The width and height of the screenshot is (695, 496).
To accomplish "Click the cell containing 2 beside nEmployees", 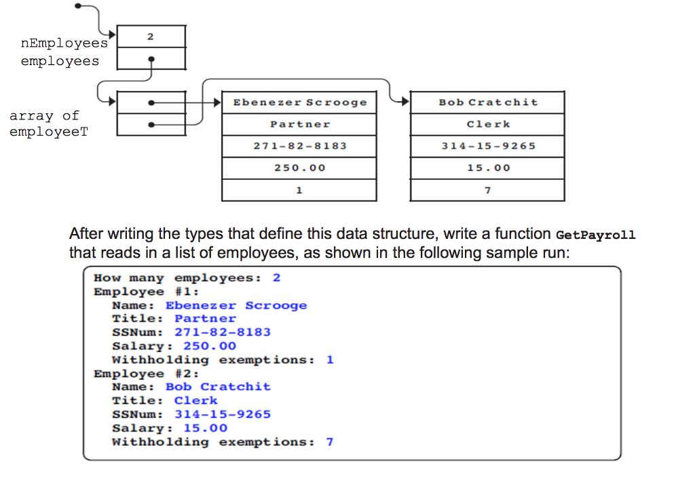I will (151, 37).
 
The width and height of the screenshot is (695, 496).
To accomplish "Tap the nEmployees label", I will (64, 43).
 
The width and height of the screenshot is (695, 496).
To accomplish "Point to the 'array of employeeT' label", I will (44, 123).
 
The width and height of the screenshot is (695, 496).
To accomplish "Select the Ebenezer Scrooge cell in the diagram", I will (299, 102).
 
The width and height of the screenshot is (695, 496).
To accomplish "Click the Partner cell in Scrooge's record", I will (299, 124).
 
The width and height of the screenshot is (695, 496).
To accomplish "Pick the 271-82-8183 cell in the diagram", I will (299, 146).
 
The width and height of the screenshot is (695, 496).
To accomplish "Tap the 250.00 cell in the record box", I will (299, 168).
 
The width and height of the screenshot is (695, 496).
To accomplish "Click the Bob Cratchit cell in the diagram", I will (487, 102).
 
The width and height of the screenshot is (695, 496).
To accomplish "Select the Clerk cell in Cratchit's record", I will (487, 124).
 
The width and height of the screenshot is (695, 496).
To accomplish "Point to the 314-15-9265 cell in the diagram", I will (487, 146).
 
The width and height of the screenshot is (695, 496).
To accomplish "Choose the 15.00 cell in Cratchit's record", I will (487, 168).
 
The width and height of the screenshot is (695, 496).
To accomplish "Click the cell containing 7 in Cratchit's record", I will (487, 190).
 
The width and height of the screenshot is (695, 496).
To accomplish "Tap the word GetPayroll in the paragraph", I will (595, 235).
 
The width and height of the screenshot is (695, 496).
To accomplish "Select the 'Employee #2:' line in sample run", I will (146, 374).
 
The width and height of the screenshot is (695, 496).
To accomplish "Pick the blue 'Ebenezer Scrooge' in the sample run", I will (236, 305).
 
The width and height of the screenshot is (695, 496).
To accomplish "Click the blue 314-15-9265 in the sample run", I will (222, 415).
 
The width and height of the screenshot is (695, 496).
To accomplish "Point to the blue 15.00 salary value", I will (205, 428).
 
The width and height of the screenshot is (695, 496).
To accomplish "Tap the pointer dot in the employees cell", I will (151, 59).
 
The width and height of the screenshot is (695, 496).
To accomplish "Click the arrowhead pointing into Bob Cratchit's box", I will (405, 102).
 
